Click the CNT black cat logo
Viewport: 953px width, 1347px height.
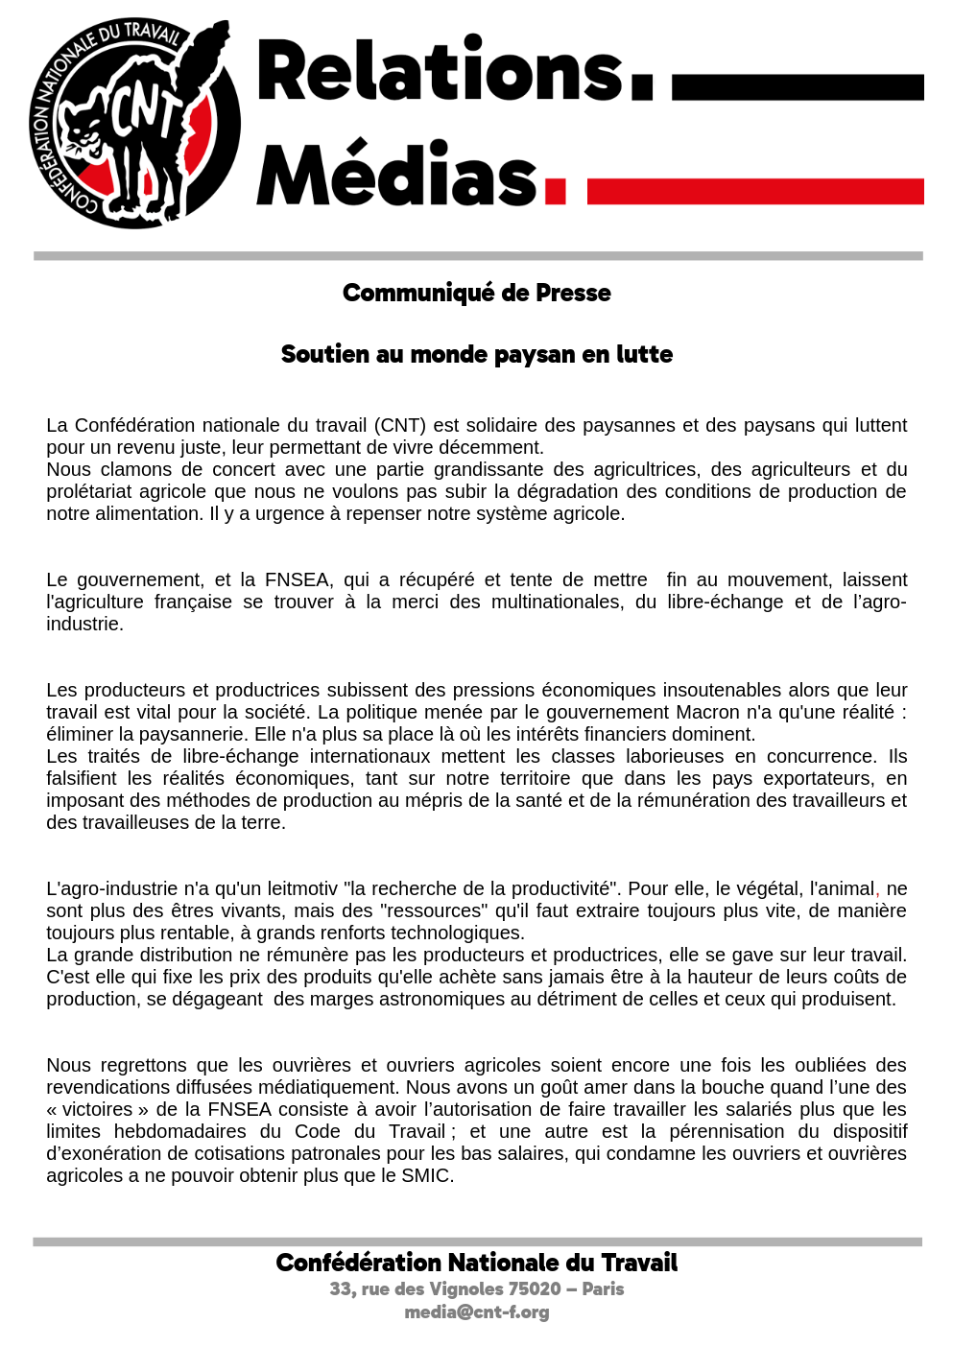[134, 124]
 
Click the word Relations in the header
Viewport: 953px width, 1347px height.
[441, 71]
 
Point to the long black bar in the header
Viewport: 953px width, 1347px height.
[798, 87]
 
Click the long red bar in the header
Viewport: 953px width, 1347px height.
[755, 191]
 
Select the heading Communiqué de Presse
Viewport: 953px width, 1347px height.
[476, 293]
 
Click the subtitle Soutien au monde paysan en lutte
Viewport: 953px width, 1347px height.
[476, 354]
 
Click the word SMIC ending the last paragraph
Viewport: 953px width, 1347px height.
[426, 1175]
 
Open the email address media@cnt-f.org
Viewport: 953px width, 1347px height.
[476, 1312]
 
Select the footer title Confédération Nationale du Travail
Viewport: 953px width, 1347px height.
[476, 1263]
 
